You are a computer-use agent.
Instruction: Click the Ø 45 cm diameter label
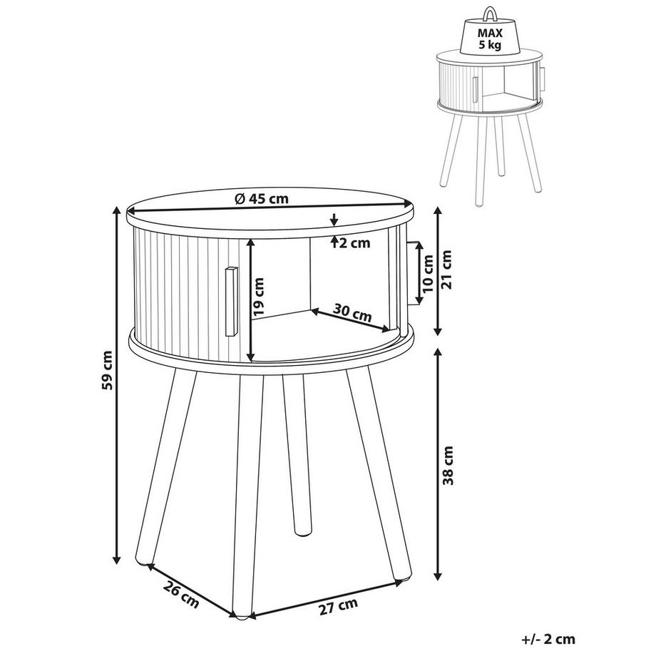coord(262,198)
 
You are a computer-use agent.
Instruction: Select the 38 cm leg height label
coord(448,465)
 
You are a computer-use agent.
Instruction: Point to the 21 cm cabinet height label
coord(447,270)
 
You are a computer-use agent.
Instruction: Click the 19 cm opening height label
coord(259,297)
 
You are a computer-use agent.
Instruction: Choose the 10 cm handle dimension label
coord(429,274)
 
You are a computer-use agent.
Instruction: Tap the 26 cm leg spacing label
coord(180,595)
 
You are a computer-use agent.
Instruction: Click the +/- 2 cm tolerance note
coord(548,639)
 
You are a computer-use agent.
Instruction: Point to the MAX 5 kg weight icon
coord(490,33)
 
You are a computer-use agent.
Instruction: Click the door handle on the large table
coord(230,302)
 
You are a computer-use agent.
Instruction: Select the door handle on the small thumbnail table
coord(476,90)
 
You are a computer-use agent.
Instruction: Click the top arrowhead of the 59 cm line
coord(117,210)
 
